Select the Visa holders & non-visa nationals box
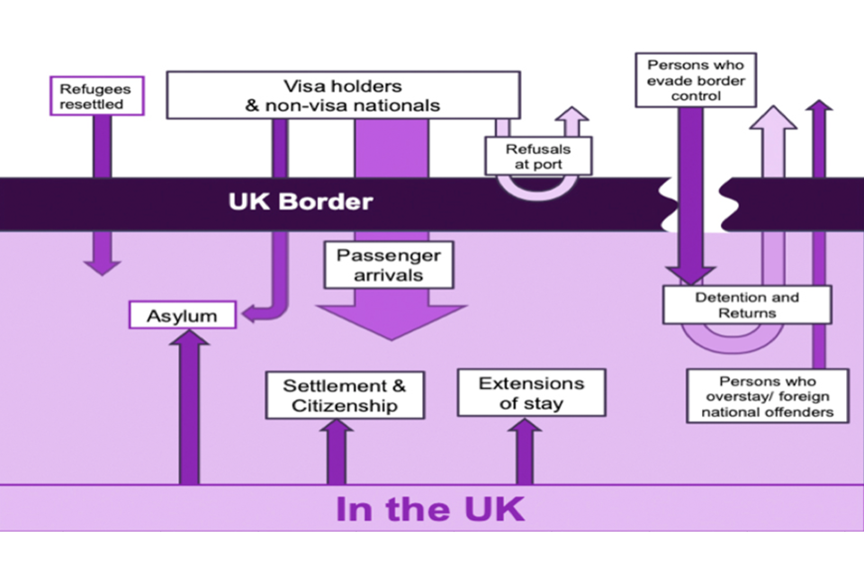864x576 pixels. pyautogui.click(x=343, y=95)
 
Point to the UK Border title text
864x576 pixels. pyautogui.click(x=300, y=201)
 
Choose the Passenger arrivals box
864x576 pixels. pyautogui.click(x=389, y=265)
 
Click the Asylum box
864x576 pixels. pyautogui.click(x=183, y=315)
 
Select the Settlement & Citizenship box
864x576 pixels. pyautogui.click(x=345, y=395)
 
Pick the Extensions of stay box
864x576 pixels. pyautogui.click(x=531, y=392)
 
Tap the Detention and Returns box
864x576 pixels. pyautogui.click(x=746, y=305)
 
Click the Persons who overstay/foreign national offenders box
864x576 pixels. pyautogui.click(x=767, y=395)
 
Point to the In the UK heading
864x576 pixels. pyautogui.click(x=429, y=508)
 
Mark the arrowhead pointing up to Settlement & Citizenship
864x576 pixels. pyautogui.click(x=337, y=428)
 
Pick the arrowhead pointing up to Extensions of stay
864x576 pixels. pyautogui.click(x=524, y=427)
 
